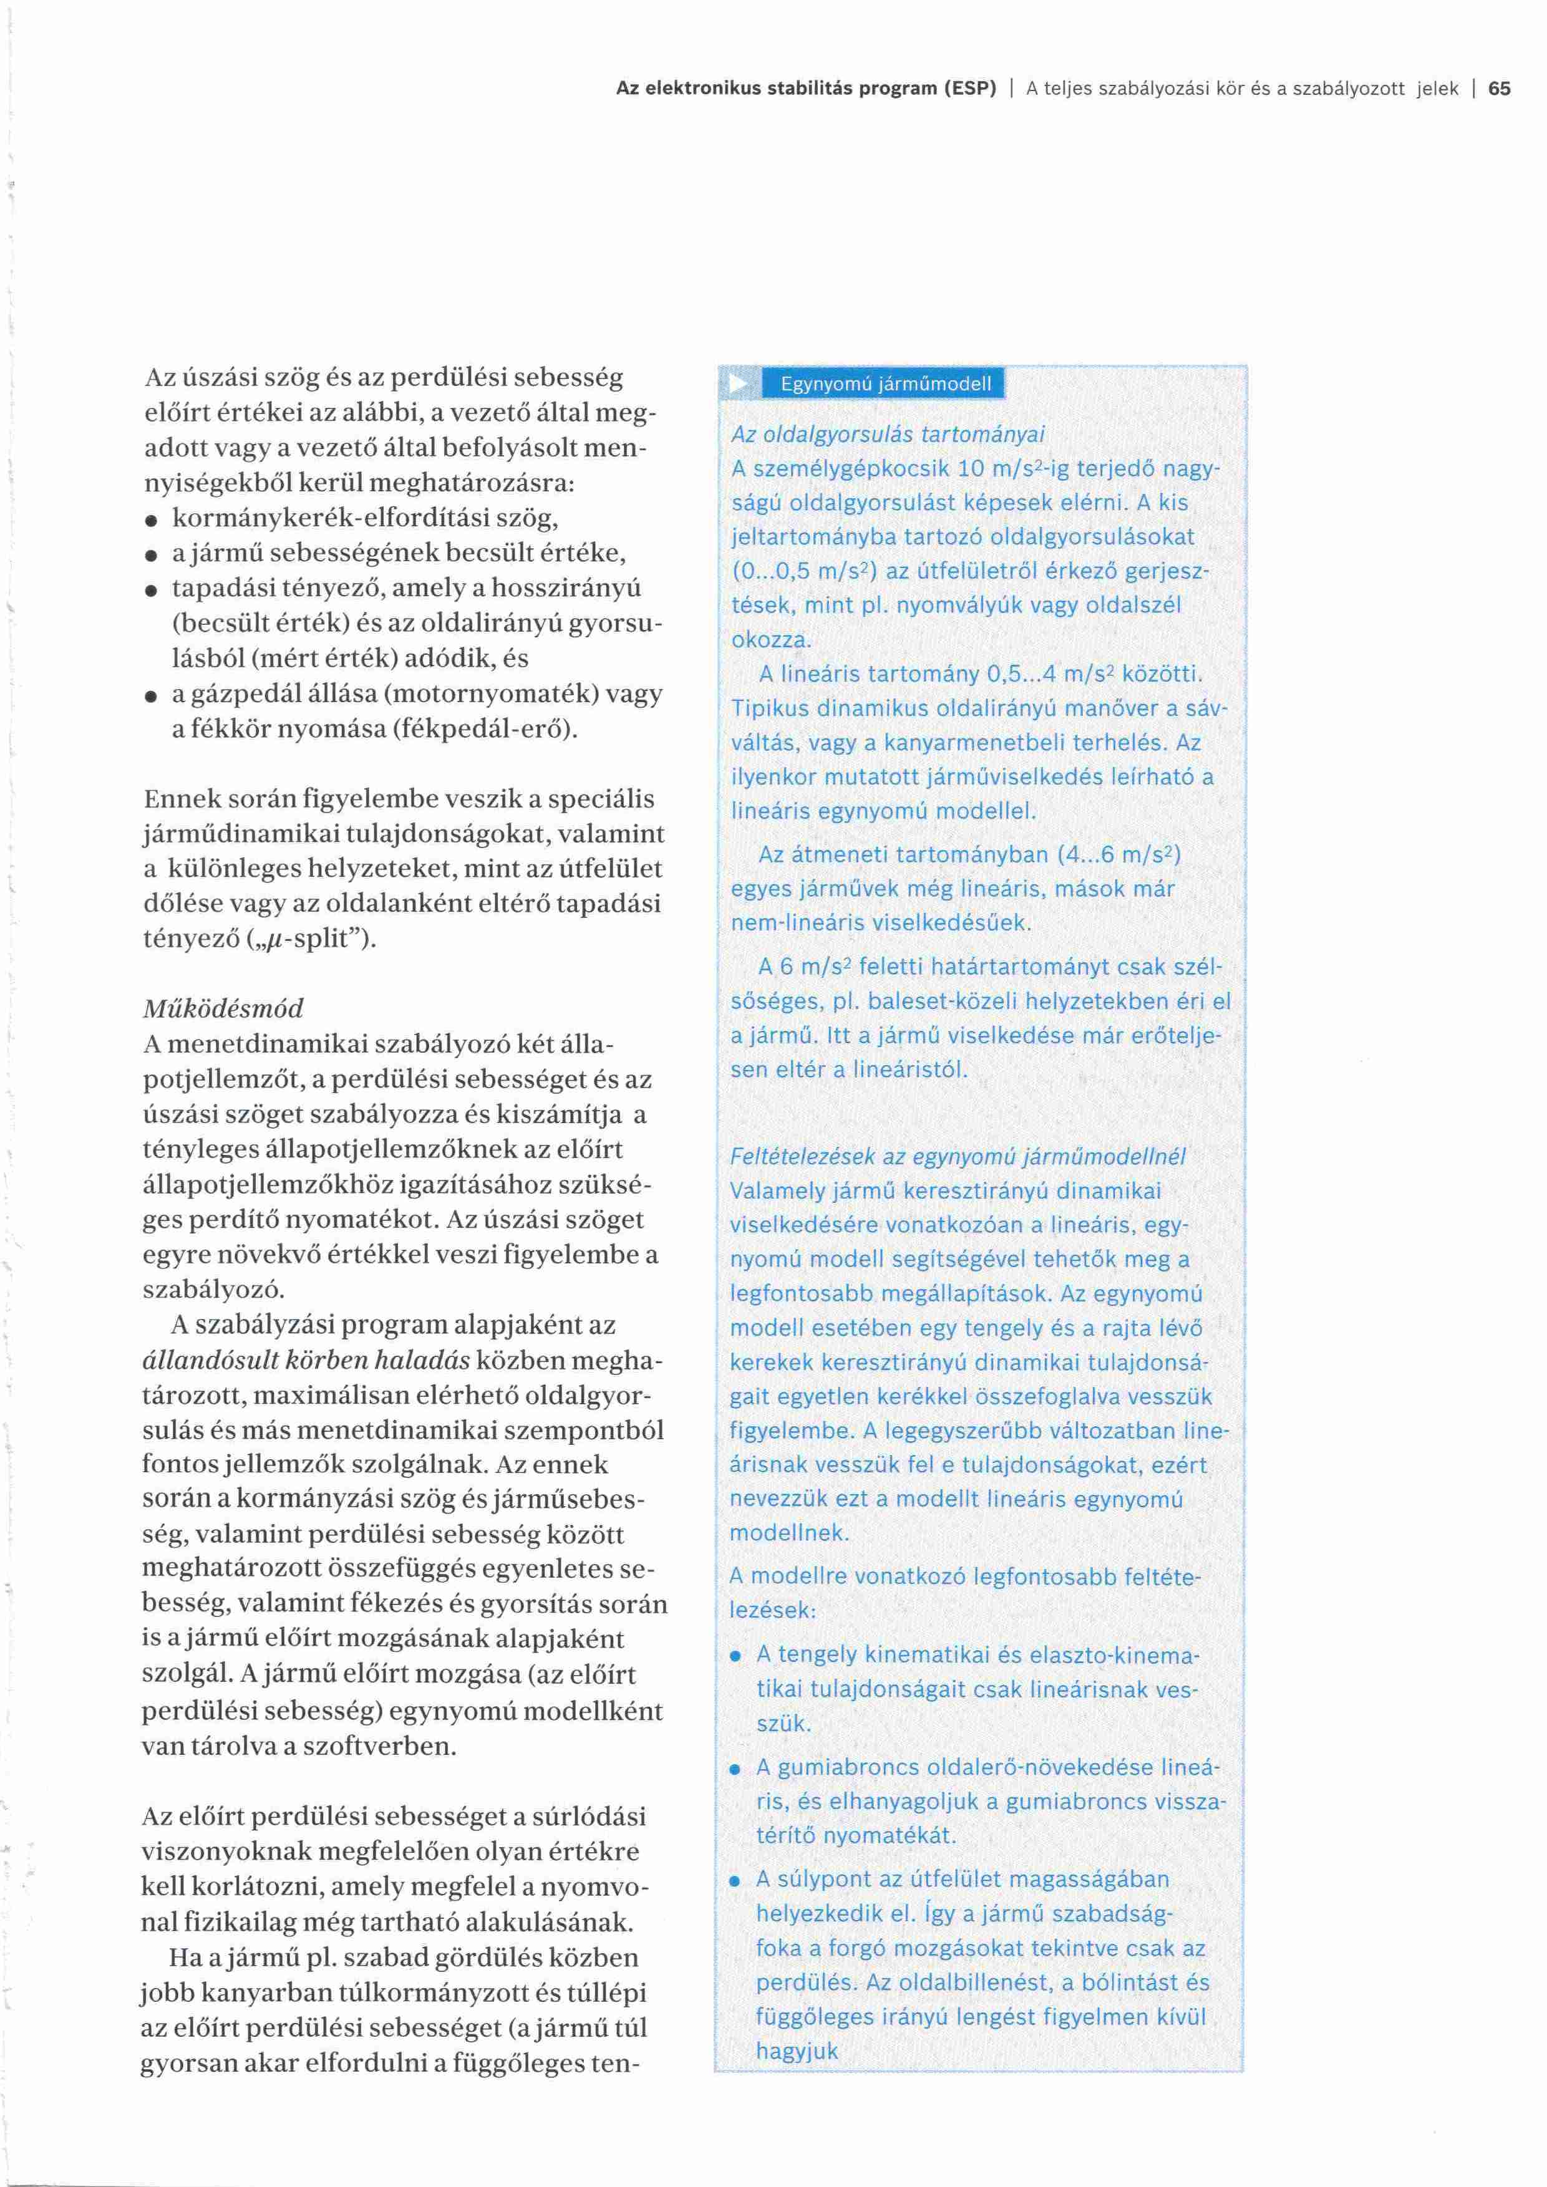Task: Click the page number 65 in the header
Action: click(x=1500, y=89)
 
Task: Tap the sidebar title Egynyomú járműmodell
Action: click(x=886, y=384)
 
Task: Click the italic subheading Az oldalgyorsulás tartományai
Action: click(x=888, y=435)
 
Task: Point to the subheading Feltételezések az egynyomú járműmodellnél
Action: click(x=958, y=1156)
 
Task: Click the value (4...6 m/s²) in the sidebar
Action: click(x=1119, y=854)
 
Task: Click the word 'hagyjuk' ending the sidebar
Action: click(x=797, y=2051)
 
